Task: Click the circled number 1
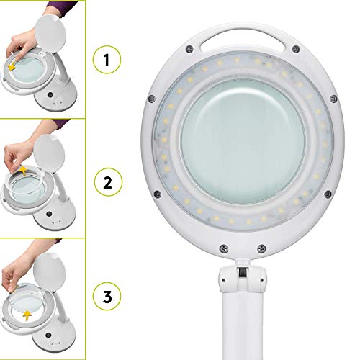107,61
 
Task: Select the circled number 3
107,297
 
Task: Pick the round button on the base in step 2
48,214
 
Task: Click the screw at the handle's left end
189,49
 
